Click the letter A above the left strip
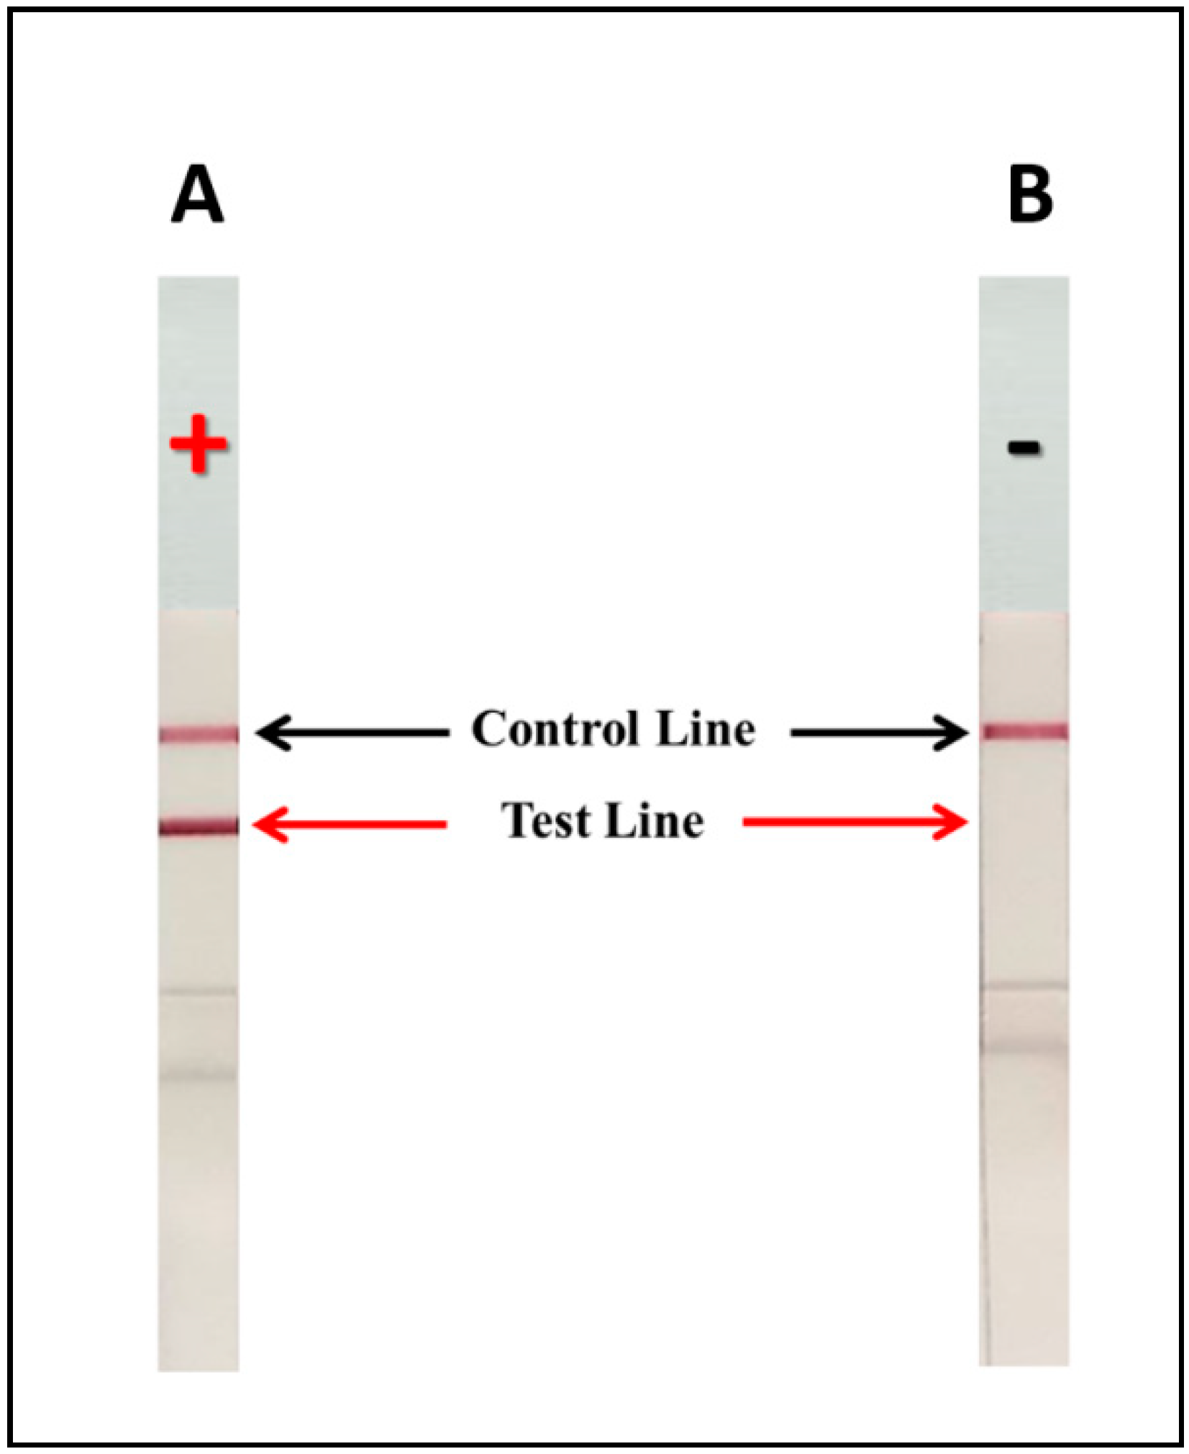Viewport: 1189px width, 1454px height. [198, 195]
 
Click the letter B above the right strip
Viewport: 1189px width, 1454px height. [1030, 195]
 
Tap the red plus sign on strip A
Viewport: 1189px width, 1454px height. [199, 444]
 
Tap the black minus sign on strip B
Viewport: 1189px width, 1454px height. [1024, 448]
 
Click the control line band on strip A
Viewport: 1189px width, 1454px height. [199, 734]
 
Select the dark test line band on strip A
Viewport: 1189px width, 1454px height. [199, 826]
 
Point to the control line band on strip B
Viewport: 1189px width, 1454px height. [1025, 732]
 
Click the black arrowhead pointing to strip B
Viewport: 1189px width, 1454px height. [951, 733]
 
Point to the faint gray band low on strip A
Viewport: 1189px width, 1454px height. [198, 1076]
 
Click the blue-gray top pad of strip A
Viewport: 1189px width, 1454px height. [199, 345]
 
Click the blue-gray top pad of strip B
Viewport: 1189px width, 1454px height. [1024, 345]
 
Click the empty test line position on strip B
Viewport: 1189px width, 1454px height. [1025, 823]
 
